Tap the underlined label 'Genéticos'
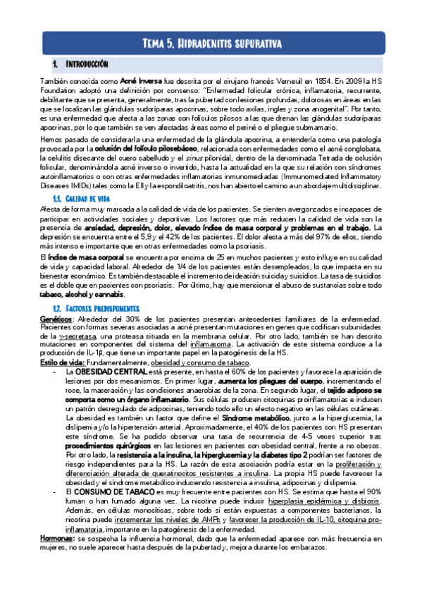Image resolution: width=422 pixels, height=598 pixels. [x=54, y=319]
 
